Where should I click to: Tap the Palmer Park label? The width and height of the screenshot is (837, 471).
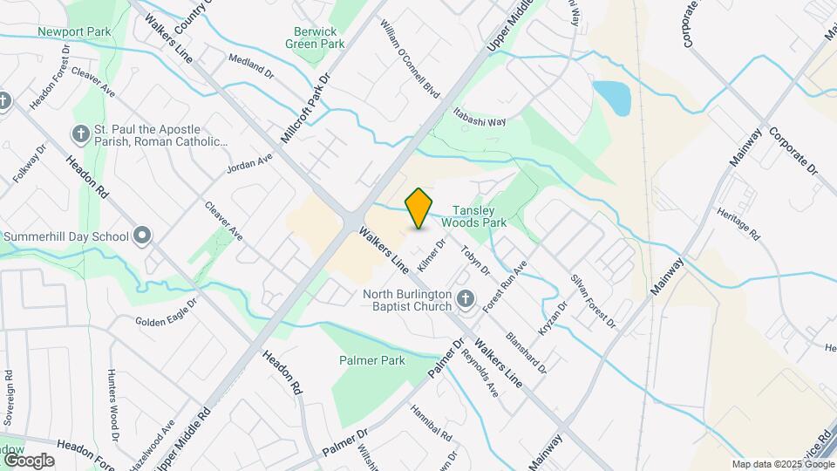click(x=372, y=360)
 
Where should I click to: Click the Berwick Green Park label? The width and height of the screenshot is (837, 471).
click(x=316, y=38)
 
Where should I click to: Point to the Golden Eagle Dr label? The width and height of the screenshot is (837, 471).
click(x=168, y=311)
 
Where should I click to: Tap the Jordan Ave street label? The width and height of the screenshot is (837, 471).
click(x=249, y=164)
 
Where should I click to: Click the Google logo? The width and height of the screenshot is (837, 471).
click(x=29, y=460)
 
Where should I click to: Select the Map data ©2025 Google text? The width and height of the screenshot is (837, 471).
click(x=783, y=464)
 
